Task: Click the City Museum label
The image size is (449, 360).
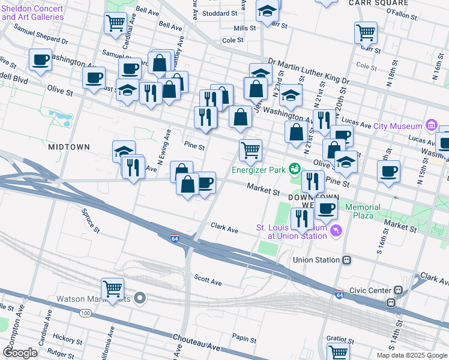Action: click(399, 126)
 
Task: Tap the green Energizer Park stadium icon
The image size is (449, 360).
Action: click(294, 170)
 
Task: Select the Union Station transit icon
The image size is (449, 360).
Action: click(346, 260)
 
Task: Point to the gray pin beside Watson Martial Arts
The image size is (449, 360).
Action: click(140, 298)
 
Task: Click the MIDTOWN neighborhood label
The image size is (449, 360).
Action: click(69, 146)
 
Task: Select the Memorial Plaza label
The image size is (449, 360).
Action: click(363, 211)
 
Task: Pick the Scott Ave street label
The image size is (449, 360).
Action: click(208, 280)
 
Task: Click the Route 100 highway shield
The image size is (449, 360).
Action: click(86, 313)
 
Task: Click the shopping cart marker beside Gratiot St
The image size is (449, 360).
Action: click(338, 352)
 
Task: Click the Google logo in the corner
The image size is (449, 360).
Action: click(20, 353)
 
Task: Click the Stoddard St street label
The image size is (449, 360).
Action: click(220, 13)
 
